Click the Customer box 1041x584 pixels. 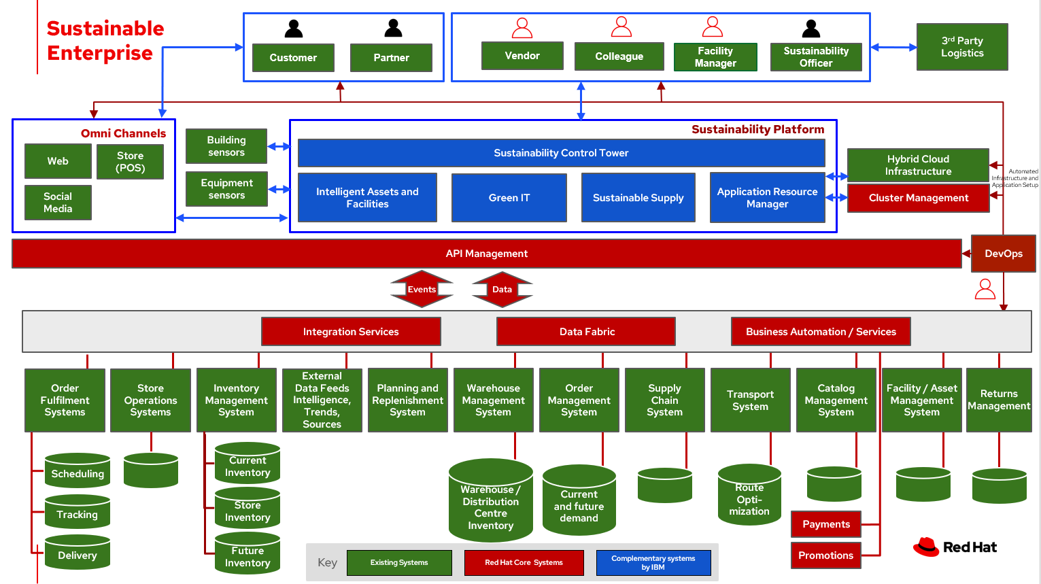coord(293,58)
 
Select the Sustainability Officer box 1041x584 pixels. coord(816,57)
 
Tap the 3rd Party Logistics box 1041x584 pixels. coord(962,47)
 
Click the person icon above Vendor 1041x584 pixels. coord(522,28)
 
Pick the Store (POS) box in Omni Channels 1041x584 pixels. coord(130,162)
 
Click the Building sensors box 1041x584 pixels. coord(226,146)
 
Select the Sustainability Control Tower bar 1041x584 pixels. coord(561,153)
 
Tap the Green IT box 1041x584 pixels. coord(509,198)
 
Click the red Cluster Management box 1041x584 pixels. coord(918,198)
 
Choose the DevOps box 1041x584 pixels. coord(1003,254)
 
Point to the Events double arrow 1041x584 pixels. coord(422,290)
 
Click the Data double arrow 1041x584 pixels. coord(502,290)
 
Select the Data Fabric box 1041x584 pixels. coord(586,332)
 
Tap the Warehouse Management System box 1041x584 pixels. coord(493,400)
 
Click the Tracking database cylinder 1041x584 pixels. coord(78,513)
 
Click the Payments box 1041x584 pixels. coord(826,524)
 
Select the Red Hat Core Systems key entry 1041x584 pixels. coord(524,563)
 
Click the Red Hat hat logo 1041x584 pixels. coord(925,547)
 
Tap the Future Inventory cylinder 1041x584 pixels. coord(248,555)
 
